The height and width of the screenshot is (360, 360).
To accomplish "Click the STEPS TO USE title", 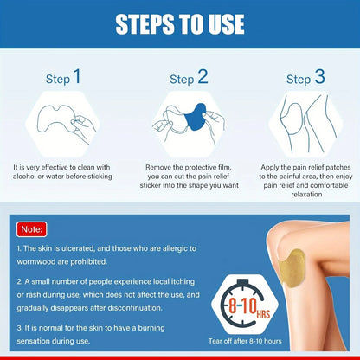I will pyautogui.click(x=180, y=22).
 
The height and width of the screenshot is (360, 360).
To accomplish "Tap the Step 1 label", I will pyautogui.click(x=65, y=78).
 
